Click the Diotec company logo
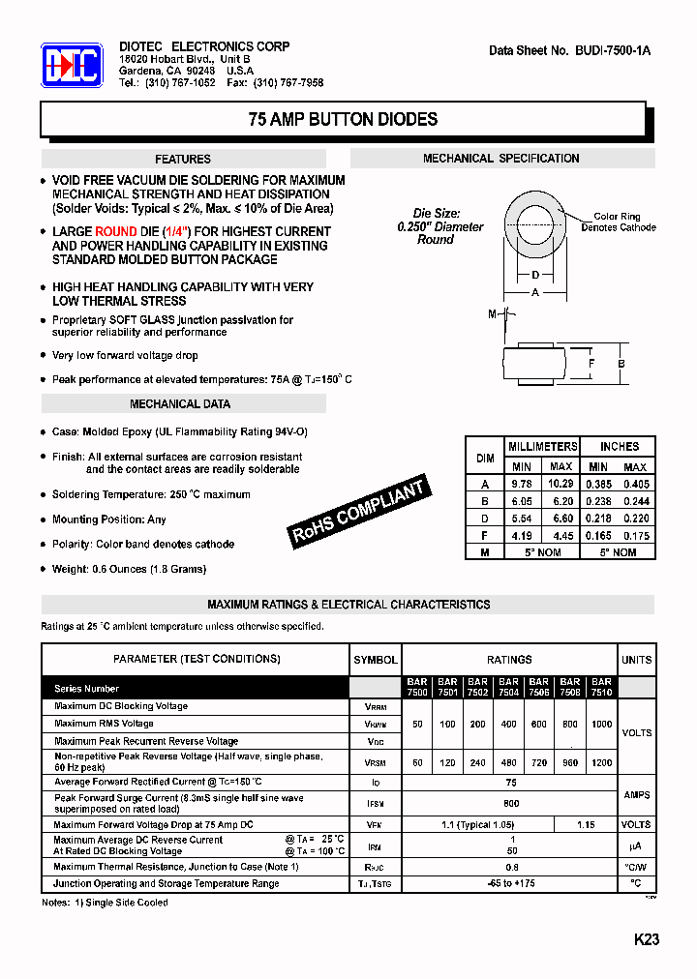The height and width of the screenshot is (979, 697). pos(72,66)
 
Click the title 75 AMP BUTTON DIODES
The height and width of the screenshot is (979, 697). pos(343,120)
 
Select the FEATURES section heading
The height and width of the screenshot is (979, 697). pos(183,159)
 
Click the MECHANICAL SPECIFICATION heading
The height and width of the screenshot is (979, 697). pos(501,158)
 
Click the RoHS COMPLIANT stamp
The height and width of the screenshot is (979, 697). pos(359,513)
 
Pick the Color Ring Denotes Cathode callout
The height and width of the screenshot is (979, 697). pos(618,222)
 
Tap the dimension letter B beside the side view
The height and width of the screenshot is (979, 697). pos(621,364)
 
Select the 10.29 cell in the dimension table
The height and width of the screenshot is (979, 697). pos(561,484)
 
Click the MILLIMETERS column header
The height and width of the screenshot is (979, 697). pos(543,446)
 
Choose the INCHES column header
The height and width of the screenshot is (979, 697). pos(619,446)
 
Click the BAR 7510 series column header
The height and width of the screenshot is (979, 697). pos(601,687)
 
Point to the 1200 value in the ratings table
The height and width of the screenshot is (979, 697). pos(601,763)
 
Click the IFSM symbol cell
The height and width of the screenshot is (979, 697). pos(375,803)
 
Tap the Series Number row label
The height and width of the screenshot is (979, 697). pos(87,689)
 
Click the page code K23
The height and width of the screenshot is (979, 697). pos(646,939)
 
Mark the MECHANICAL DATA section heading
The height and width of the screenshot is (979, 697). pos(180,404)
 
